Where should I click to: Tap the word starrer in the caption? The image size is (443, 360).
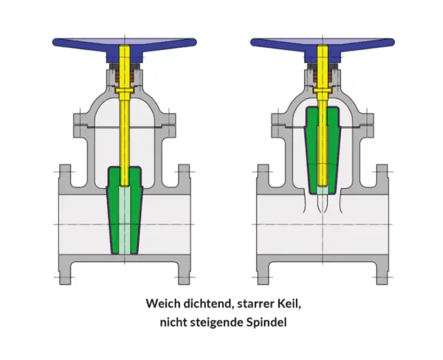256,302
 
